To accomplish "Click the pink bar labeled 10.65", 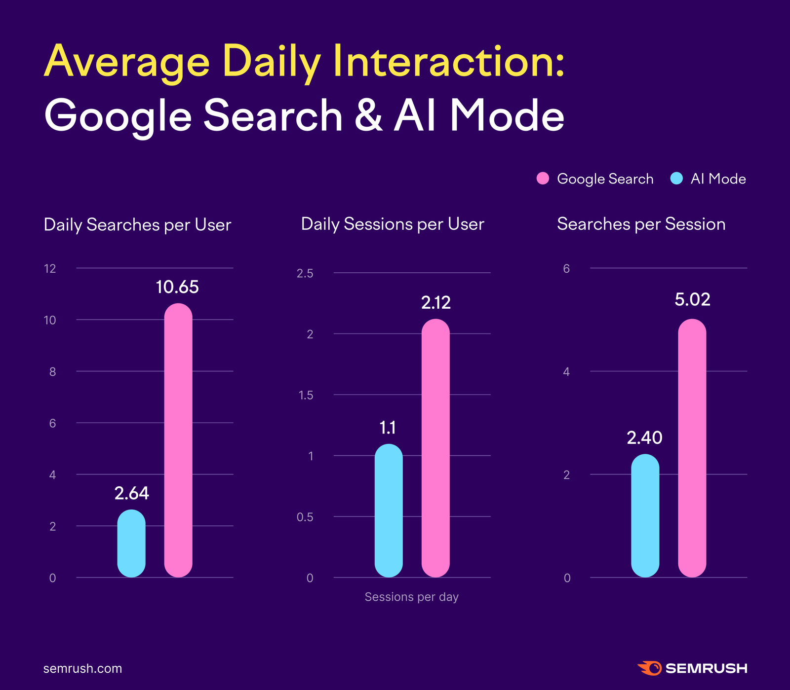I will point(178,440).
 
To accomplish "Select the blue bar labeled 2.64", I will point(131,543).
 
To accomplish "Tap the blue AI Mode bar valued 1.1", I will point(389,510).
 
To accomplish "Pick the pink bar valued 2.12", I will point(435,448).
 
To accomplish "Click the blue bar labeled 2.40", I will point(645,515).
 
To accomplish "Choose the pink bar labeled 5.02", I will point(692,448).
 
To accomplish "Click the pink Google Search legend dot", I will point(543,179).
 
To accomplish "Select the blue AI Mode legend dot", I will point(676,179).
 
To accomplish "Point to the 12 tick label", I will point(50,269).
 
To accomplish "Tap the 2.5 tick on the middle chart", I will point(305,273).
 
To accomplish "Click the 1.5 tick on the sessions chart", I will point(306,395).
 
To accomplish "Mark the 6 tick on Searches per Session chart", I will point(566,269).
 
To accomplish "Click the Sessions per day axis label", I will point(411,597).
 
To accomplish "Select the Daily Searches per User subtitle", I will point(137,225).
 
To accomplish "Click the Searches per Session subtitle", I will point(641,224).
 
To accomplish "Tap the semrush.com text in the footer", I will point(82,668).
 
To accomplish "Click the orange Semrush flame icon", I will point(649,668).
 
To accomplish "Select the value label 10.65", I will point(177,287).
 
